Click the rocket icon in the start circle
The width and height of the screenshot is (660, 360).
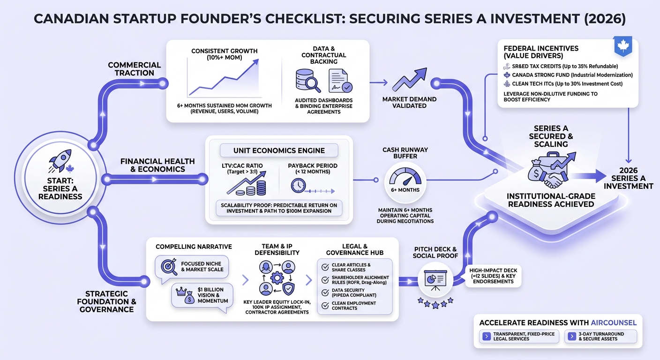tap(60, 160)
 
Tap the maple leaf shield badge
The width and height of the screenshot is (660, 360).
tap(623, 46)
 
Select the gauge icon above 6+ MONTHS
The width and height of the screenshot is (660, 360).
tap(405, 176)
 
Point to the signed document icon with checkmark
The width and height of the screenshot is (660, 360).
tap(340, 81)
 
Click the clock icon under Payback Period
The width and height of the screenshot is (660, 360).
tap(298, 186)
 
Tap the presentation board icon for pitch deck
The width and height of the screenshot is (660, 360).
tap(435, 280)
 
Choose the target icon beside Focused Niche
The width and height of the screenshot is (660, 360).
tap(169, 267)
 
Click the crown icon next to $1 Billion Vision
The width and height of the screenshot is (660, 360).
tap(181, 292)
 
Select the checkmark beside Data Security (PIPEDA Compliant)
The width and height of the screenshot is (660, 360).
tap(325, 292)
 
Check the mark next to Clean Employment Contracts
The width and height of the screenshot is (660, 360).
tap(325, 306)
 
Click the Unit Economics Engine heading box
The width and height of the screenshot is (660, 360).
tap(279, 150)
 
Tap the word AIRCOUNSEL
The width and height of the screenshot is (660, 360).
tap(614, 322)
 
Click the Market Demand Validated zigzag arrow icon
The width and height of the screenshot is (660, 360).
tap(410, 80)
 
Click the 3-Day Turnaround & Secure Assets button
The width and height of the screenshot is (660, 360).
tap(601, 337)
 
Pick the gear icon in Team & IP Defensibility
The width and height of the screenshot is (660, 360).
tap(277, 277)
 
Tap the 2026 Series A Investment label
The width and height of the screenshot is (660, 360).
tap(628, 178)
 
